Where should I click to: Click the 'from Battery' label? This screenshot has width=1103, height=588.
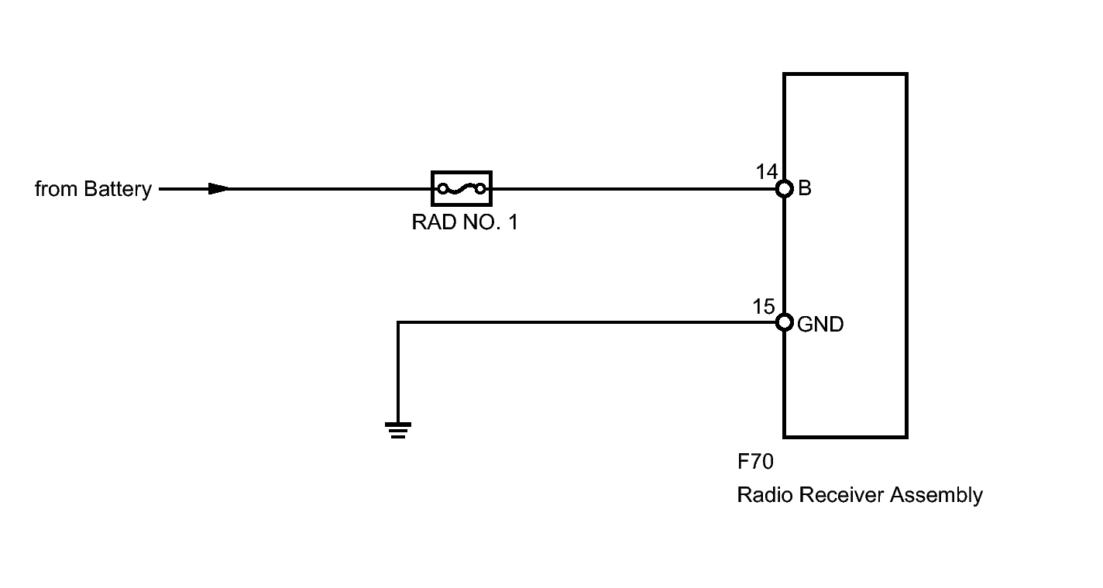coord(93,190)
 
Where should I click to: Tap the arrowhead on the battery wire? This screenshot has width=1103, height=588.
coord(218,188)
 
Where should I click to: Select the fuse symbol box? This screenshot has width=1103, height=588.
coord(462,188)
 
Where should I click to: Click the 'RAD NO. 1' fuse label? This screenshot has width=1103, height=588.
coord(465,222)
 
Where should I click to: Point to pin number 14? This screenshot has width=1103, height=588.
coord(766,172)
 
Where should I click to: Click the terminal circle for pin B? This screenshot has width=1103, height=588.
coord(784,188)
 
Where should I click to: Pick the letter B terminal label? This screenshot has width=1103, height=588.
coord(805,188)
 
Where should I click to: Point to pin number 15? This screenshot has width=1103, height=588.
coord(764,307)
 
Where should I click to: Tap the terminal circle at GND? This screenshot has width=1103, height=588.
coord(784,322)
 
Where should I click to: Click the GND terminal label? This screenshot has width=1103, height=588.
coord(820,325)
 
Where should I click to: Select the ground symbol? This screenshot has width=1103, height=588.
coord(398,431)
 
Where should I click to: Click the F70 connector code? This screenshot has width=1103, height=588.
coord(755,462)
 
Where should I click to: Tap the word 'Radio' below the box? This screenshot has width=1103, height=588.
coord(765,495)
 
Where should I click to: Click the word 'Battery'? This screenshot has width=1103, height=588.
coord(118,190)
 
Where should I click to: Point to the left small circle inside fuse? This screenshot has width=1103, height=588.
coord(443,188)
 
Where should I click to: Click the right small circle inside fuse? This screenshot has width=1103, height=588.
coord(480,188)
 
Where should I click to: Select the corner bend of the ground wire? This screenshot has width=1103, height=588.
coord(398,322)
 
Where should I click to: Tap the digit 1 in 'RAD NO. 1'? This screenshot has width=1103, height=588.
coord(513,222)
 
